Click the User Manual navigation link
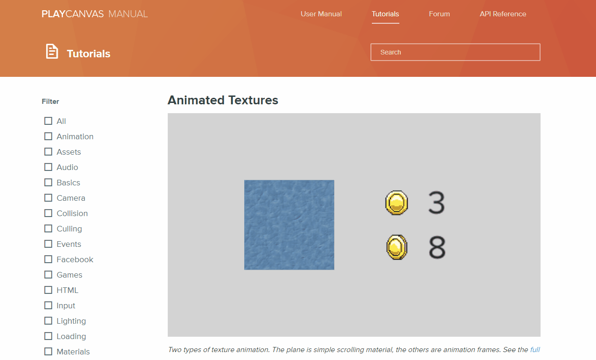point(321,14)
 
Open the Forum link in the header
point(439,14)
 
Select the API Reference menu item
point(503,14)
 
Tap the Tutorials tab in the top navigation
point(385,14)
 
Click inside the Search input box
point(455,52)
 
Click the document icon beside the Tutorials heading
point(52,51)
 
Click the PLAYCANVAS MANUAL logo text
point(95,14)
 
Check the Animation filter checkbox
point(48,136)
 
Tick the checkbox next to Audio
point(48,167)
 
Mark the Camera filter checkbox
point(48,198)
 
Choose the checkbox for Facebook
point(48,259)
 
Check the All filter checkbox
point(48,121)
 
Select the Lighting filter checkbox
point(48,321)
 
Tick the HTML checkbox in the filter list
point(48,290)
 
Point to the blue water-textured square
point(289,225)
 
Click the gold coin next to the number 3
point(397,203)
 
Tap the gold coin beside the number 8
point(397,247)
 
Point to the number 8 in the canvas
point(437,247)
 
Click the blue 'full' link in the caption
point(535,349)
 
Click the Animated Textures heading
point(223,100)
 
